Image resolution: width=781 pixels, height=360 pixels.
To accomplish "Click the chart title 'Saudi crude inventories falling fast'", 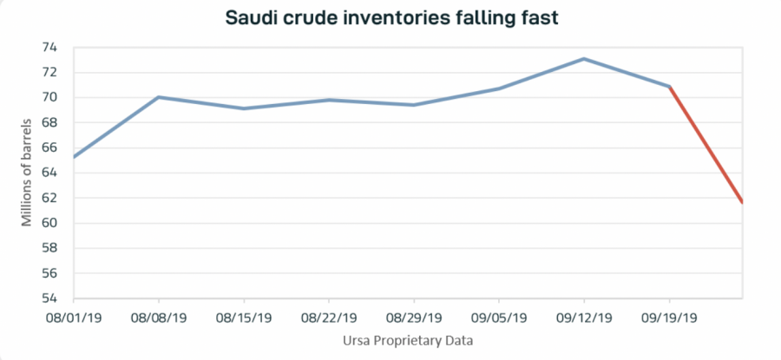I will (390, 17).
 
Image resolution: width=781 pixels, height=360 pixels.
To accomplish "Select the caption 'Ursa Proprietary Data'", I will (409, 341).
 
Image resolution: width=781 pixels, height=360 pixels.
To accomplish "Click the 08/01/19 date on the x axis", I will (74, 318).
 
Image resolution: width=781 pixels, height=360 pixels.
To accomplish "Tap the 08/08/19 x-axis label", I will (159, 318).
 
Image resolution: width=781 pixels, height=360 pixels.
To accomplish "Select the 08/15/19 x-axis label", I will (244, 318).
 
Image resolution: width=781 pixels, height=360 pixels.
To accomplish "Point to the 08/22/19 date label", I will (329, 318).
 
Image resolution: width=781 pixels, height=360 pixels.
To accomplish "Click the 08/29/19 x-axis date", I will (414, 318).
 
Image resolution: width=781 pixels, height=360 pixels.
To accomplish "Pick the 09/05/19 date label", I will (499, 318).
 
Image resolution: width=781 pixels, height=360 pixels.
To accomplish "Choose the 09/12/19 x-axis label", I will (584, 318).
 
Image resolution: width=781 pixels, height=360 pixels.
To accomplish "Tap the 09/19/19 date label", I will (669, 318).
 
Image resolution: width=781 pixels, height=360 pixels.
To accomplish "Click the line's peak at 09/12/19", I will (584, 59).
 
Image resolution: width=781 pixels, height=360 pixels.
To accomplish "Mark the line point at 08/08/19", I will (159, 97).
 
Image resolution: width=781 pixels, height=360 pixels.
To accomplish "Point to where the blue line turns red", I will (669, 87).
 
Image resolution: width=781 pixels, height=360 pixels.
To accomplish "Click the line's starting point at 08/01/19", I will (75, 157).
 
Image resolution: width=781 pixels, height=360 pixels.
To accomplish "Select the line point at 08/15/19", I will (244, 108).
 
